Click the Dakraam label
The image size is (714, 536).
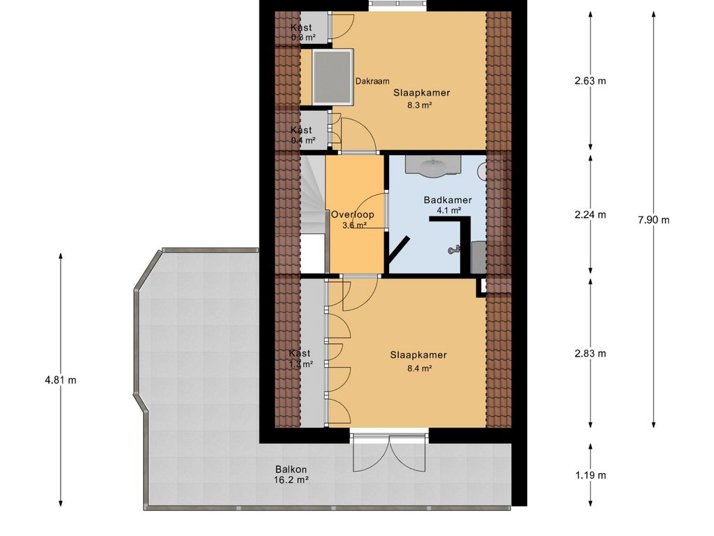372,81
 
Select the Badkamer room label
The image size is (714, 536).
448,200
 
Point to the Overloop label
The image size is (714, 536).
352,215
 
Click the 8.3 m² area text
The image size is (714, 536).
420,105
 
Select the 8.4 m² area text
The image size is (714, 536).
418,368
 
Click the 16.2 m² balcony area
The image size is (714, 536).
291,480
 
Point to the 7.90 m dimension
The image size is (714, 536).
653,220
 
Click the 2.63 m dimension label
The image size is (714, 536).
590,80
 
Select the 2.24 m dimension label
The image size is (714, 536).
590,214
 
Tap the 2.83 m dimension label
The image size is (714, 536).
590,353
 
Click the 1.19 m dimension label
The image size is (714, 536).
590,475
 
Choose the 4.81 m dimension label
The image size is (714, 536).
60,380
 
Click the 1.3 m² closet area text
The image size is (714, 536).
301,364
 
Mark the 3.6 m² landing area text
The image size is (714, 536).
354,225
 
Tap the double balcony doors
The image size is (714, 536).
389,454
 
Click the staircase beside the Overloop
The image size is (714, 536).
312,202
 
